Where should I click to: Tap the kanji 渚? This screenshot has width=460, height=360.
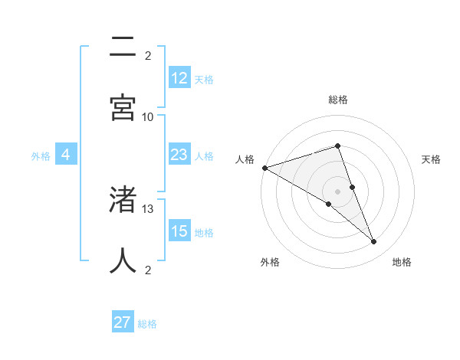click(123, 199)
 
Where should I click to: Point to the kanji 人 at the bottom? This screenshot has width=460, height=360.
click(123, 260)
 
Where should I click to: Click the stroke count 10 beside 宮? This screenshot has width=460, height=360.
click(148, 116)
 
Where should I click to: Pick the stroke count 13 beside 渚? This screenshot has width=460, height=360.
click(148, 208)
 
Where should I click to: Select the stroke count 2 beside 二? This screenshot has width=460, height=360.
click(148, 56)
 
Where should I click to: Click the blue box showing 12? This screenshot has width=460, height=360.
click(179, 78)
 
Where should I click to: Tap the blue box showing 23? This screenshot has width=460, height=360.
click(179, 155)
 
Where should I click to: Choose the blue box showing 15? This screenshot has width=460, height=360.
click(179, 231)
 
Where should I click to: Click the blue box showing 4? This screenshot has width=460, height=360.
click(66, 155)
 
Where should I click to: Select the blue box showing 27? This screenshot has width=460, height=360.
click(123, 322)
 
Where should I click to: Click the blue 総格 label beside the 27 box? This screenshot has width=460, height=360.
click(147, 324)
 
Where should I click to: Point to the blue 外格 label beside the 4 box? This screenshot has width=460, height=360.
click(41, 156)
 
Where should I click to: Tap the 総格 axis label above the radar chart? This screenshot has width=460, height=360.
click(338, 100)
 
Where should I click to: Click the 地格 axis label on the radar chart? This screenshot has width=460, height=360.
click(402, 262)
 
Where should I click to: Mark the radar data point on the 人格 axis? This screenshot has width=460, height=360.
click(264, 168)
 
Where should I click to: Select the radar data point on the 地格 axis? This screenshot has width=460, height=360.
click(374, 242)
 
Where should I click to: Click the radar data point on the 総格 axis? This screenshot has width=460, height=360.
click(337, 146)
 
